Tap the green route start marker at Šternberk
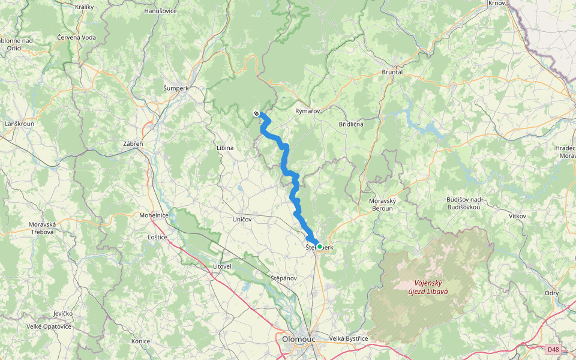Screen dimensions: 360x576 point(320,247)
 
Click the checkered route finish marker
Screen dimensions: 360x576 point(256,113)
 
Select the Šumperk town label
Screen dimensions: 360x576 point(176,88)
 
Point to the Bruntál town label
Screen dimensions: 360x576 point(392,72)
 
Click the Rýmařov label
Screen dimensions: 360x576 point(308,111)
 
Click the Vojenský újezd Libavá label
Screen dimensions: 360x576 point(431,287)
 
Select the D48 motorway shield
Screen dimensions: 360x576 point(553,349)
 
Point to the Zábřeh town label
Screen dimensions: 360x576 point(133,145)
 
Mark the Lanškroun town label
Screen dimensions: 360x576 point(19,124)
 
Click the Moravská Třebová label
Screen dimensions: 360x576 point(42,228)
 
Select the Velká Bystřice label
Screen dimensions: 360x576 point(349,339)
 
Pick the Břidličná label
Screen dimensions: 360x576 point(350,124)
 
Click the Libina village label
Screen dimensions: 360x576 point(225,147)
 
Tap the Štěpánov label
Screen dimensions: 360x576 point(283,278)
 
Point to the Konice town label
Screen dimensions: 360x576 point(142,341)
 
